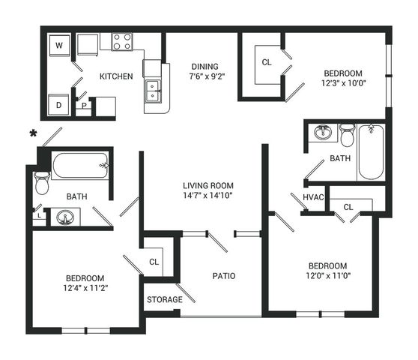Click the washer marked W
point(59,45)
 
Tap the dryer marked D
point(59,104)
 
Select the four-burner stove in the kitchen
point(122,42)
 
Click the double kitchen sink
point(153,91)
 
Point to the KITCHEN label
point(116,76)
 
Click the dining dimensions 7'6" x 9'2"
point(208,76)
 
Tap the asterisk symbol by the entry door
point(33,133)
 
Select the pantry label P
point(84,106)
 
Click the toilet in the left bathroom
point(42,183)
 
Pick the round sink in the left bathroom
point(65,217)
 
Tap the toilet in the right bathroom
point(348,135)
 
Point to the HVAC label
point(313,197)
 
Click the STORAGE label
point(165,299)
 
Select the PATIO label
point(224,276)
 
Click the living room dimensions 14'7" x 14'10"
point(208,195)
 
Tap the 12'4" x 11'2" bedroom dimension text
point(85,288)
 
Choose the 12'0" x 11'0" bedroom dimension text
point(328,275)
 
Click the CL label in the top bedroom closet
point(267,62)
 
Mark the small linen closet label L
point(39,216)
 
